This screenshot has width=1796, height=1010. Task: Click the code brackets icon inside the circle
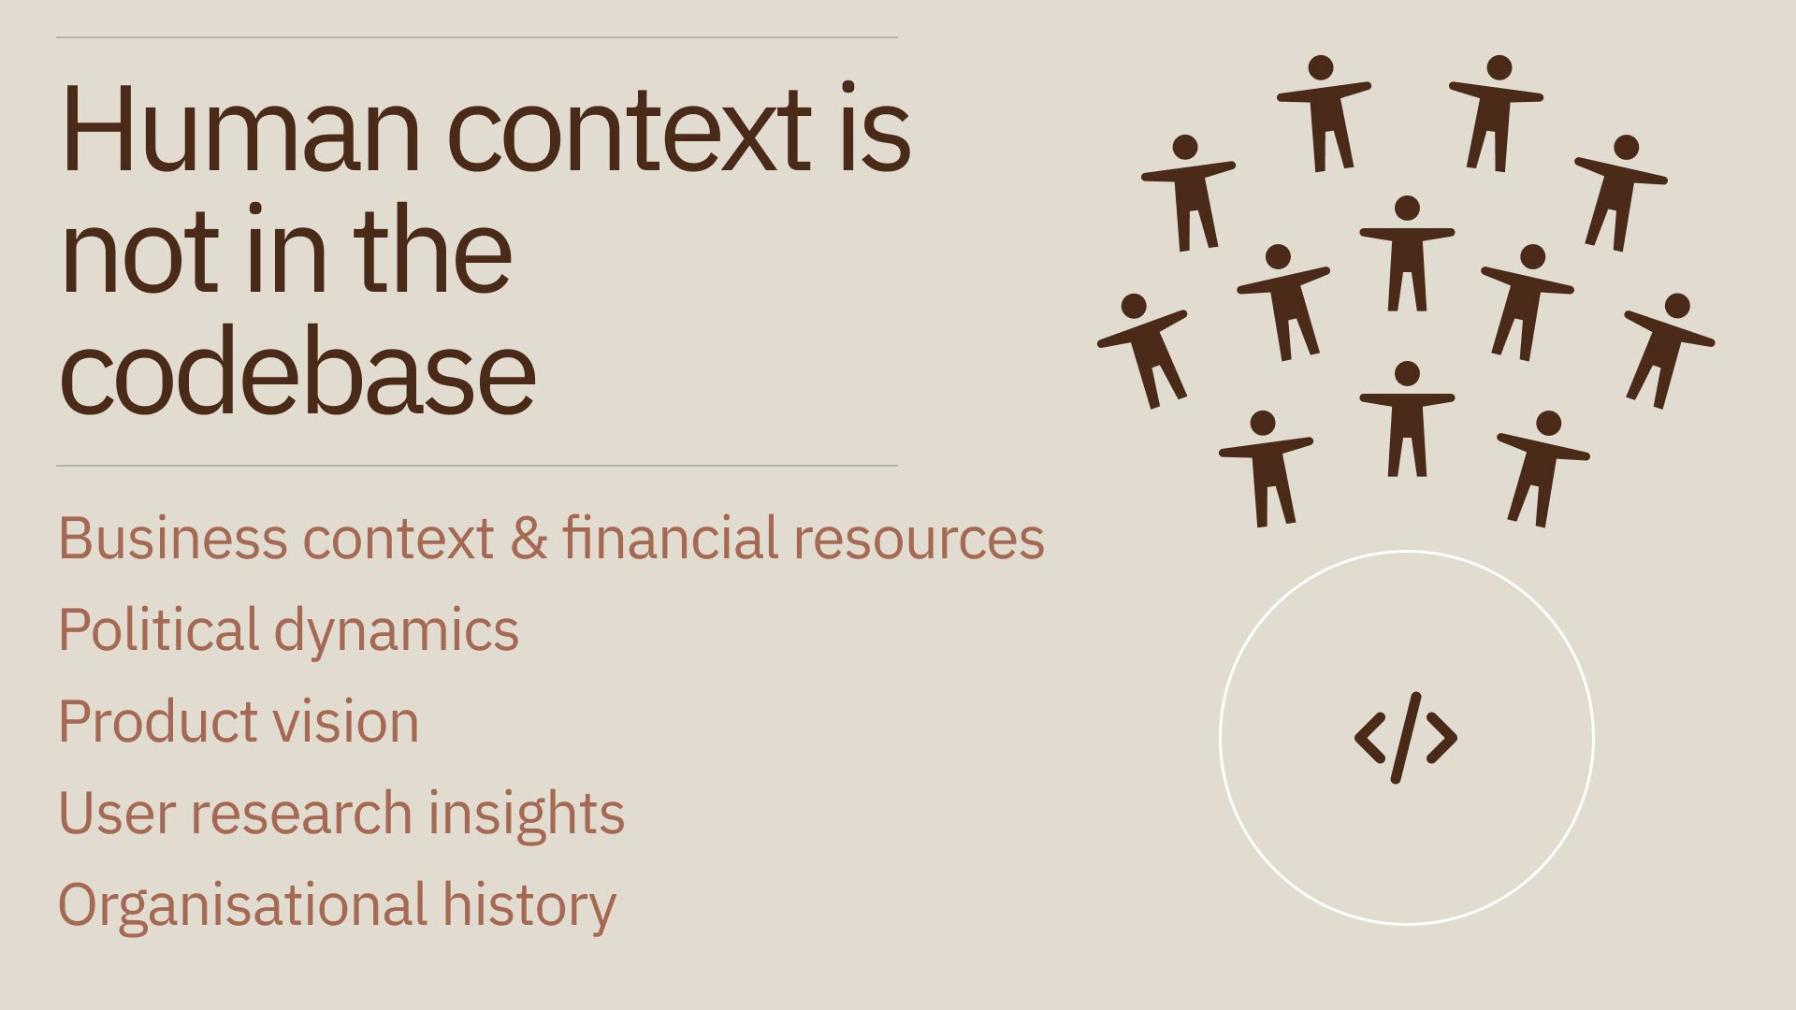click(x=1406, y=738)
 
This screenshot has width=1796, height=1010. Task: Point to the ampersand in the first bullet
click(x=529, y=539)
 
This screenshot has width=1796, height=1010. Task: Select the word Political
click(x=158, y=628)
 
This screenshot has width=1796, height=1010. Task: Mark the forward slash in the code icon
click(x=1406, y=738)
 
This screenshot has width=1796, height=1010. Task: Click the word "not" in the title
click(x=142, y=252)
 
